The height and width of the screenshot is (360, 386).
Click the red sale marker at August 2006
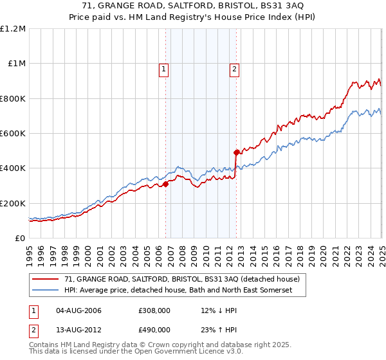pyautogui.click(x=165, y=184)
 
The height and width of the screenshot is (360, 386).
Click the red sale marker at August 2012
pyautogui.click(x=236, y=152)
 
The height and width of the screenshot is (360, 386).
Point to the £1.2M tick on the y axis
pyautogui.click(x=14, y=28)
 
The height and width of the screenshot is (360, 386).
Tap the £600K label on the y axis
pyautogui.click(x=13, y=133)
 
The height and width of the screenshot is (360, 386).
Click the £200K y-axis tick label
pyautogui.click(x=13, y=203)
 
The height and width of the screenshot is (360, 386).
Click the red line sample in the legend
pyautogui.click(x=46, y=280)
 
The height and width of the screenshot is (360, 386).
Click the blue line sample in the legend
pyautogui.click(x=46, y=291)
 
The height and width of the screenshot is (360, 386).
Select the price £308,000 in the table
pyautogui.click(x=154, y=310)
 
